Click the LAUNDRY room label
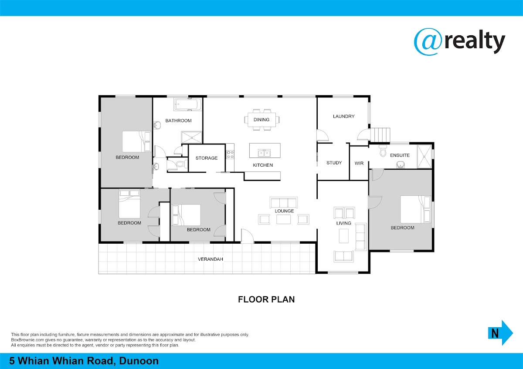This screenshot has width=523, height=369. point(344,116)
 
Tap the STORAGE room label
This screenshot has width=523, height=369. point(207,158)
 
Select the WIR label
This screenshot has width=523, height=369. point(359,163)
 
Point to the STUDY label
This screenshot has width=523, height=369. point(334,163)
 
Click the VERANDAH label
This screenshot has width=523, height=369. point(211,259)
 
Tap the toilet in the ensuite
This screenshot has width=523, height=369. point(383,151)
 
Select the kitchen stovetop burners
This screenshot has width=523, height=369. point(230,154)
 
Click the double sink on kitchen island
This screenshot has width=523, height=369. point(264,153)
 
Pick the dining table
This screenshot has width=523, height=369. point(261,120)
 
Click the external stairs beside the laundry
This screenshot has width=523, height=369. point(380,134)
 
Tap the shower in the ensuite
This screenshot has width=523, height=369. point(424,156)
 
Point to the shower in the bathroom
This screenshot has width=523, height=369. point(191,138)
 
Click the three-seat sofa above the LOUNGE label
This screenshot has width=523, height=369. point(283,202)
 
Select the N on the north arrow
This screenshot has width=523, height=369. point(495,333)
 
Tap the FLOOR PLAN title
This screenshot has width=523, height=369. point(266,299)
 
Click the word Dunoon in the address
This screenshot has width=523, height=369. point(139,361)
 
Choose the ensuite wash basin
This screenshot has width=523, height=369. point(401,165)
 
